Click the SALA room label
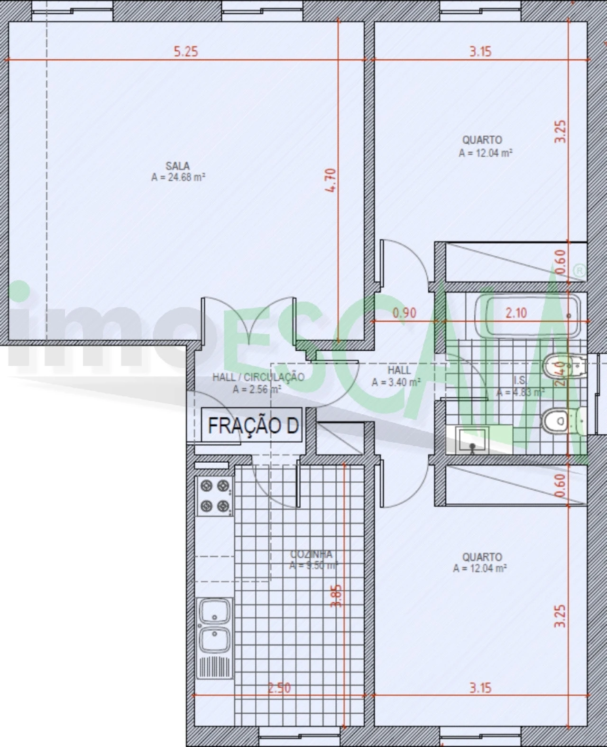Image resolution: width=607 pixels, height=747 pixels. (178, 166)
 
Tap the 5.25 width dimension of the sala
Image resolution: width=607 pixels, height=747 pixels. (185, 51)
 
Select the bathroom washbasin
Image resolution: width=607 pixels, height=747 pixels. (472, 439)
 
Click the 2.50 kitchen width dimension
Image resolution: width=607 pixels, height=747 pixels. (279, 688)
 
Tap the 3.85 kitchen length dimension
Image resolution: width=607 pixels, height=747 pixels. (336, 596)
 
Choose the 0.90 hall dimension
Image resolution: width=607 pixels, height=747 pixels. (405, 313)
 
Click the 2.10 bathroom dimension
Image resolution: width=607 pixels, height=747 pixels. (516, 313)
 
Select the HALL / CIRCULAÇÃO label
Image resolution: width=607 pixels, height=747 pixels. (258, 377)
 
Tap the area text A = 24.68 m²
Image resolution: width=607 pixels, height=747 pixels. (178, 177)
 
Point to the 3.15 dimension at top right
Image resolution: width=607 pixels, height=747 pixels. (480, 51)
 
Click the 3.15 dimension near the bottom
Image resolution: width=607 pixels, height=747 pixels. (480, 687)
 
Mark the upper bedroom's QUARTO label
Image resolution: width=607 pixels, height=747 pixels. (482, 140)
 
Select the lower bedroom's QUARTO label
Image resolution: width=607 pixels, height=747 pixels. (482, 557)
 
